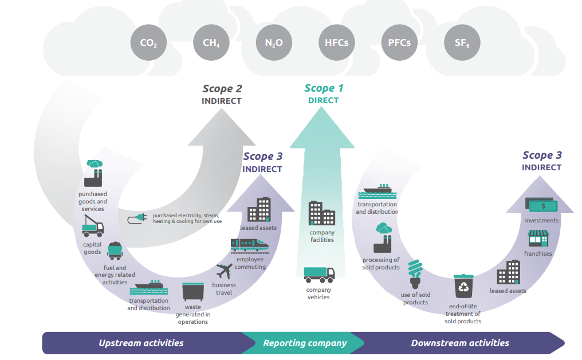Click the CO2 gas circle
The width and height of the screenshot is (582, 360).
(x=148, y=43)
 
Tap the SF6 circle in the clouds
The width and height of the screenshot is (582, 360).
(x=462, y=43)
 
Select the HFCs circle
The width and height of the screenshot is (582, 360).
(x=336, y=43)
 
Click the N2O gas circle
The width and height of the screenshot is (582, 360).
(x=274, y=43)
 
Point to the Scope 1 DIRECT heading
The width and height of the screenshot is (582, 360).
(x=324, y=93)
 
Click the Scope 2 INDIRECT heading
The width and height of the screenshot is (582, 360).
(x=222, y=94)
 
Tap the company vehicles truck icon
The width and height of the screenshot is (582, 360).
(x=319, y=275)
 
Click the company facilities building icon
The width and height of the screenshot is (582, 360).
(x=321, y=213)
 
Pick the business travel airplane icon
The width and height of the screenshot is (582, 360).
(x=224, y=271)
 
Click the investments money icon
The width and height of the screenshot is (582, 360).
(x=541, y=205)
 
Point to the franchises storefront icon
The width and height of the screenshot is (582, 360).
(x=538, y=238)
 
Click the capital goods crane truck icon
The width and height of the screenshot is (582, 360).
(x=92, y=228)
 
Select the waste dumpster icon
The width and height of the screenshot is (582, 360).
(x=192, y=291)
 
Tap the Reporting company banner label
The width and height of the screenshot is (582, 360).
(x=305, y=343)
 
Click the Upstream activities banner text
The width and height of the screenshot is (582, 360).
(x=141, y=343)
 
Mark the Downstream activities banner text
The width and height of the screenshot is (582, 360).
(x=459, y=343)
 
